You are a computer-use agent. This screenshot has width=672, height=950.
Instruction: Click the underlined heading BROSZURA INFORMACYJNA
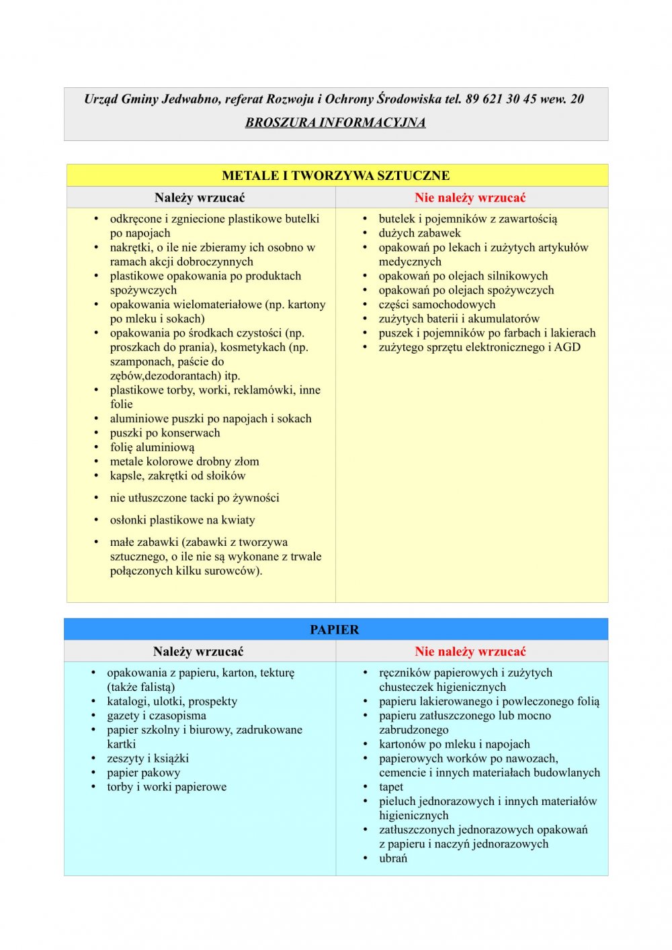coord(335,122)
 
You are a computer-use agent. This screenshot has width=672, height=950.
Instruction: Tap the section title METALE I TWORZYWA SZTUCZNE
coord(335,176)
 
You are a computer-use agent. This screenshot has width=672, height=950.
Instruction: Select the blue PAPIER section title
coord(335,630)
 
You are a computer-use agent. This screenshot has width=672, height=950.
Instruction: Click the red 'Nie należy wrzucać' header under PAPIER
coord(470,651)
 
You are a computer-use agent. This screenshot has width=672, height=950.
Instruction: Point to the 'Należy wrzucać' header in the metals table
coord(200,197)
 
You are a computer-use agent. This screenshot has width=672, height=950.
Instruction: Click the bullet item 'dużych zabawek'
coord(419,233)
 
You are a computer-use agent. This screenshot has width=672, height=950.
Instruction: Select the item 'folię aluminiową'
coord(152,447)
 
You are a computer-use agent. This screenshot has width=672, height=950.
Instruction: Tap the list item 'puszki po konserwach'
coord(165,433)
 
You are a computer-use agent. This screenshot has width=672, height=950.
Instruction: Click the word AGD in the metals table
coord(567,347)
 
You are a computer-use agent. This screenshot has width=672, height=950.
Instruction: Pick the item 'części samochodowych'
coord(437,304)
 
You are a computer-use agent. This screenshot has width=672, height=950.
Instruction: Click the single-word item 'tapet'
coord(391,787)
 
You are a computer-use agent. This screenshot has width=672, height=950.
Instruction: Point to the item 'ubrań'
coord(393,858)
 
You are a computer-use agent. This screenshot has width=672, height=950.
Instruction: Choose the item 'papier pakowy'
coord(143,773)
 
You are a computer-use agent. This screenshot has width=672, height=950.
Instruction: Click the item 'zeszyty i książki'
coord(148,759)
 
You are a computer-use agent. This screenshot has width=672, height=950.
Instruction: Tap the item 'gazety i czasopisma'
coord(157,716)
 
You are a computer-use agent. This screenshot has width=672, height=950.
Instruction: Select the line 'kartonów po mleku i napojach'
coord(454,744)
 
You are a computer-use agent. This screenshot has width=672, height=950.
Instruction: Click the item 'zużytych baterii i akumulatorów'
coord(459,319)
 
